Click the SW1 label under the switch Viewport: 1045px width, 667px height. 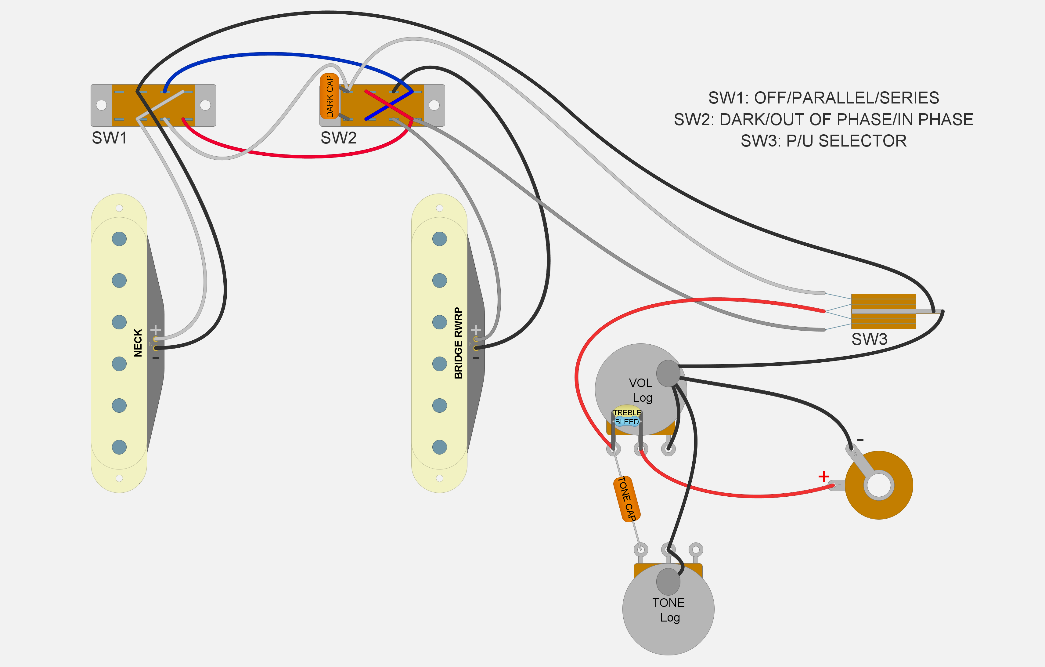[109, 138]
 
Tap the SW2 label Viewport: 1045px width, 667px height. [338, 138]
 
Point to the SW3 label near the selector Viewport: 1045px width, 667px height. [869, 339]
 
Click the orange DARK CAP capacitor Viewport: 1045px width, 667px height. [330, 96]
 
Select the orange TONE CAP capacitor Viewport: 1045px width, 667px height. [627, 499]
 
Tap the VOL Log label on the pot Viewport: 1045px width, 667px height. [641, 390]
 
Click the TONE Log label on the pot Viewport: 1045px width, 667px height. [669, 610]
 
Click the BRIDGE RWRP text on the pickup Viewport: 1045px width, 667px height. [458, 343]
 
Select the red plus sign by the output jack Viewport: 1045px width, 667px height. [823, 477]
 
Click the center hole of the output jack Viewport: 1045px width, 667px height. [879, 485]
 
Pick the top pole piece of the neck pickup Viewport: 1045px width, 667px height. [119, 238]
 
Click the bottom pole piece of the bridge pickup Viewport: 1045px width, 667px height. [440, 447]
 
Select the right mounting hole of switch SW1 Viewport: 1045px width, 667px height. [205, 105]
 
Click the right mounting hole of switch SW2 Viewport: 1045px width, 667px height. [434, 105]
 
